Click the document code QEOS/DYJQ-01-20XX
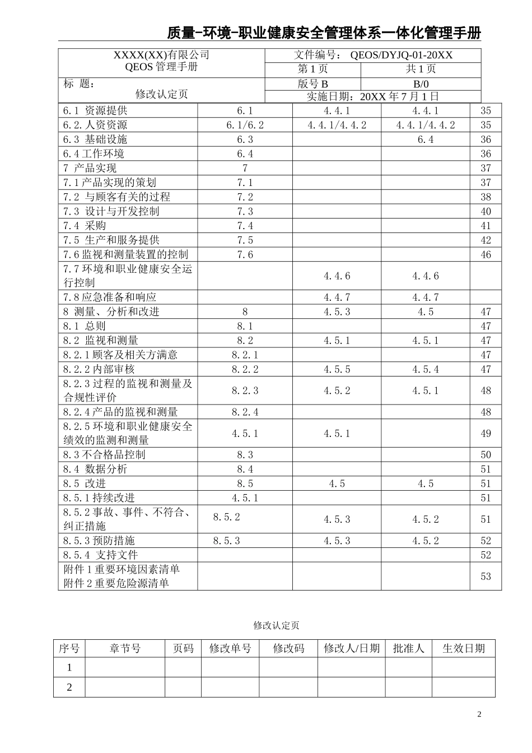tap(401, 55)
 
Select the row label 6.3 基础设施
tap(95, 140)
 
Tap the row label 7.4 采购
tap(85, 226)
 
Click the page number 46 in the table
tap(486, 255)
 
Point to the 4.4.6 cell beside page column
tap(426, 276)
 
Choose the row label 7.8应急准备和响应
tap(110, 298)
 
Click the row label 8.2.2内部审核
tap(100, 369)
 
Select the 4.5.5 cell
tap(337, 369)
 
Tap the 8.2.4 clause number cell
tap(245, 412)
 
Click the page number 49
tap(486, 434)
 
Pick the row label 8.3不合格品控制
tap(105, 455)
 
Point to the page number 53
tap(486, 577)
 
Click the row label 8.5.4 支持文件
tap(101, 555)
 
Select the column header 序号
tap(69, 649)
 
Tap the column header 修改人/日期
tap(352, 649)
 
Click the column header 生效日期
tap(464, 649)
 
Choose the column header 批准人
tap(409, 649)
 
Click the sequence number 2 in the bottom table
tap(69, 687)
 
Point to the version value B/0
tap(421, 84)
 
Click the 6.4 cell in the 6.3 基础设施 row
tap(426, 140)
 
